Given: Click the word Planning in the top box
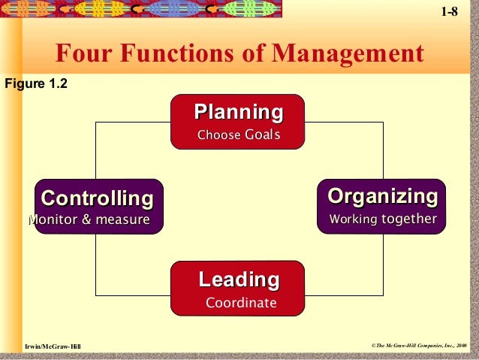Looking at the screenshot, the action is (239, 113).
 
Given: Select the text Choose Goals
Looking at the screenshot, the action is (239, 135).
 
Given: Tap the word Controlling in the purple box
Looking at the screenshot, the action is (97, 198).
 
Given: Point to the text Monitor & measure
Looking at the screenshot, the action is (89, 219).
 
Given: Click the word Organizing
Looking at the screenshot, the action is (383, 197).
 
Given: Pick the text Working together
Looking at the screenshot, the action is (383, 219).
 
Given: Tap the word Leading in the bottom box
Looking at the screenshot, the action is (239, 280).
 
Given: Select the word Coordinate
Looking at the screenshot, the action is (241, 303).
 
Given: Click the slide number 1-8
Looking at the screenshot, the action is (450, 11).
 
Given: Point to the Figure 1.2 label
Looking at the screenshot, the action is (36, 83).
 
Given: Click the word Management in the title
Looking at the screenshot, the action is (348, 53).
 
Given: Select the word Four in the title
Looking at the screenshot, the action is (83, 53).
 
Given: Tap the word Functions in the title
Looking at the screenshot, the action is (177, 53).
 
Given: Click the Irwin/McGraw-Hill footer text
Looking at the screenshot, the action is (53, 346).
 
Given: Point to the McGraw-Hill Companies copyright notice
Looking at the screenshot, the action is (419, 346).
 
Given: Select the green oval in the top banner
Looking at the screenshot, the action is (249, 8).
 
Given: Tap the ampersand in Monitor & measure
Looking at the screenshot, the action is (86, 219).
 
